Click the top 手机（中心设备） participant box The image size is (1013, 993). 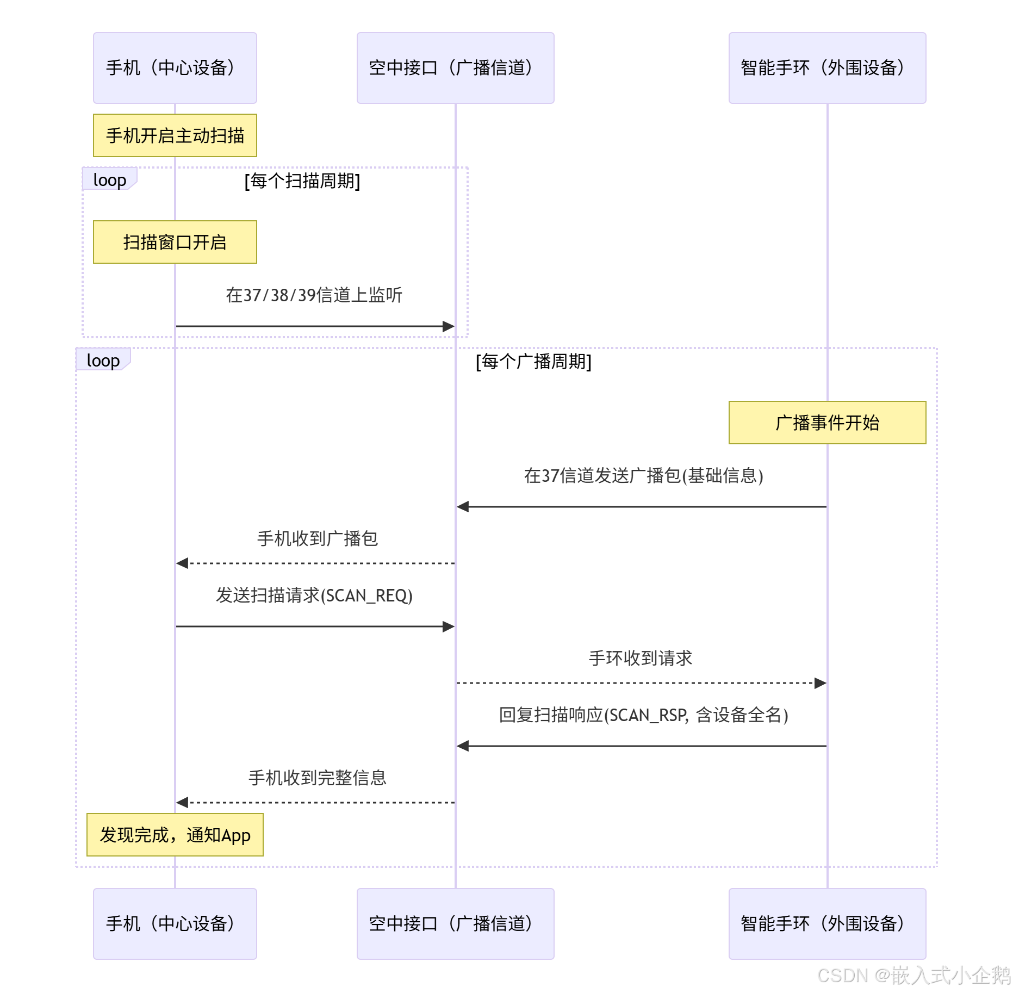tap(175, 68)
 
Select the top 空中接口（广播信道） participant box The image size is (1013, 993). tap(456, 68)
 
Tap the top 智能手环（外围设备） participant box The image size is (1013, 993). tap(828, 68)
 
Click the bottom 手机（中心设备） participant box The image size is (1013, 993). tap(175, 924)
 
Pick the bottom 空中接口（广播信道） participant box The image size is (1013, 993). tap(456, 924)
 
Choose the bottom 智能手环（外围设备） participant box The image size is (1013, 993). tap(828, 924)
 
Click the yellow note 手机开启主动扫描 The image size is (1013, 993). tap(175, 135)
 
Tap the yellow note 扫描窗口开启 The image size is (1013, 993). tap(175, 242)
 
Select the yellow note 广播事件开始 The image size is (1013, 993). tap(828, 423)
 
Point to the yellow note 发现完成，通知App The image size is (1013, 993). tap(175, 835)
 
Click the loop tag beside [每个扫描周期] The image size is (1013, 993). tap(109, 179)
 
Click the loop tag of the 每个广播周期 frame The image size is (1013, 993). tap(103, 359)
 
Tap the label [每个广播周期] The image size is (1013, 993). tap(533, 361)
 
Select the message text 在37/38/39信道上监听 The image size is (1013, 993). tap(314, 295)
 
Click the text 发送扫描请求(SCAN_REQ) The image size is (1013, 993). tap(314, 595)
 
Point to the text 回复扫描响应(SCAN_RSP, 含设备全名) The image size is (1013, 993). tap(643, 715)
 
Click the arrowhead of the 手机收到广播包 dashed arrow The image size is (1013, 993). tap(182, 563)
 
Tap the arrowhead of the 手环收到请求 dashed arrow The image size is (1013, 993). tap(821, 683)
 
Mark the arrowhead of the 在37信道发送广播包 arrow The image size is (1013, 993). tap(463, 507)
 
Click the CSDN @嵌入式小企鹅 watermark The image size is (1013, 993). tap(914, 976)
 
